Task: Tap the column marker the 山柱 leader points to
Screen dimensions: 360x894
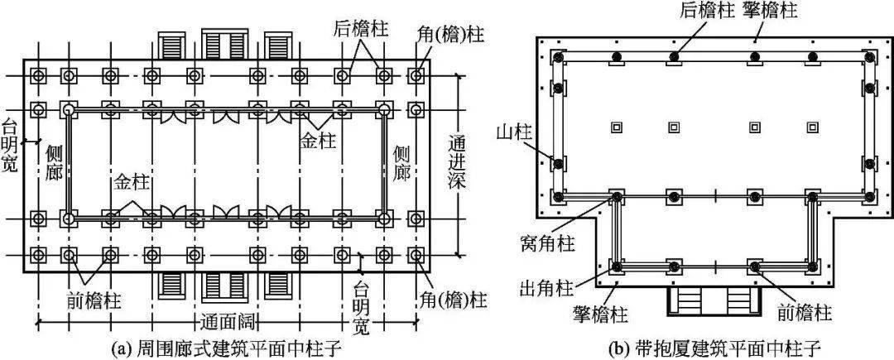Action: pos(558,162)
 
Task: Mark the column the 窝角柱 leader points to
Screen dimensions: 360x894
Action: pos(618,197)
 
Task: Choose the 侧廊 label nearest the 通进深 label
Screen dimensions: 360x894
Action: pos(402,163)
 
